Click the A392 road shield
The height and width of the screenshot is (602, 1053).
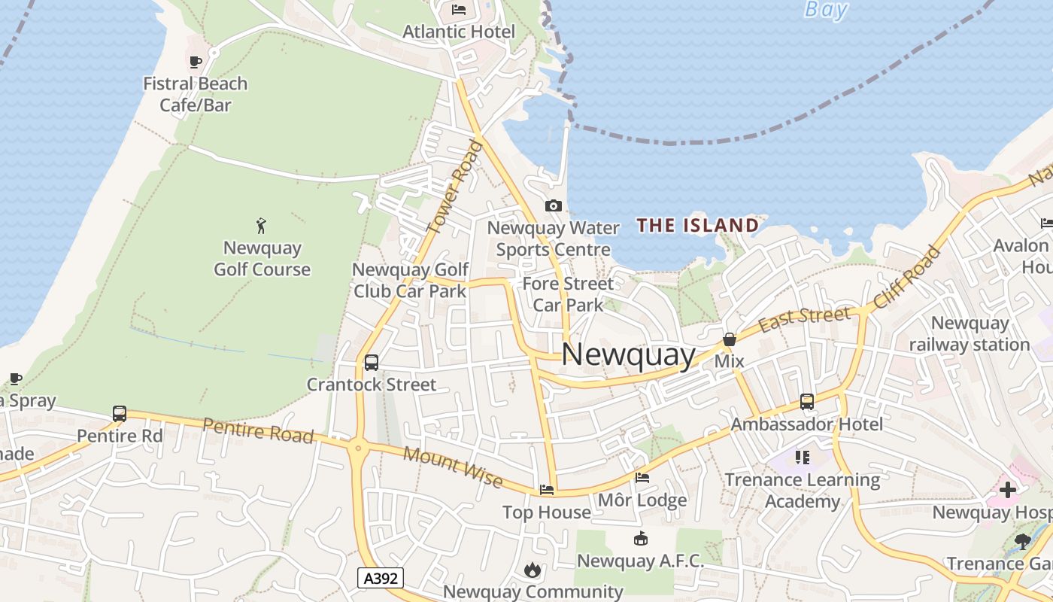(x=380, y=577)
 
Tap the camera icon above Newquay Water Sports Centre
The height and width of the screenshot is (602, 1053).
(x=553, y=205)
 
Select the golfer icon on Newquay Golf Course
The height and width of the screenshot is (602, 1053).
(x=261, y=225)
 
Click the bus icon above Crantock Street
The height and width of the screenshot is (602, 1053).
(x=371, y=362)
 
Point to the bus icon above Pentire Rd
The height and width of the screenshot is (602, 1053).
(x=120, y=413)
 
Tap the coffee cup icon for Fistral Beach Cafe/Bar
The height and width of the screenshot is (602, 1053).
(x=196, y=62)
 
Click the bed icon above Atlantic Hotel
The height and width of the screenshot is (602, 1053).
(x=458, y=10)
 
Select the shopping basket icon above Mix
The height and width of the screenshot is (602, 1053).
(x=729, y=339)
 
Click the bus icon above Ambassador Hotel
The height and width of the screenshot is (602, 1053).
(x=807, y=401)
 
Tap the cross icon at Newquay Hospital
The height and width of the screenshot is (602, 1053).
(x=1007, y=490)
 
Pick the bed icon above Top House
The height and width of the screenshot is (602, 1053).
(x=547, y=490)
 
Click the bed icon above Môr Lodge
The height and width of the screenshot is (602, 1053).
(x=642, y=477)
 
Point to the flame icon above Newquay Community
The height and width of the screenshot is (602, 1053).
(x=533, y=570)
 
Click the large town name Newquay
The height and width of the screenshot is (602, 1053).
(x=628, y=354)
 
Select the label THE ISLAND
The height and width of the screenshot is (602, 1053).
(x=698, y=225)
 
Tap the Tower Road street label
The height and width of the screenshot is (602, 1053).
(x=454, y=187)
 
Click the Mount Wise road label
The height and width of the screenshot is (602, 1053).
(x=452, y=466)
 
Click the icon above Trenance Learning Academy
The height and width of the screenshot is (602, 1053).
(x=803, y=457)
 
